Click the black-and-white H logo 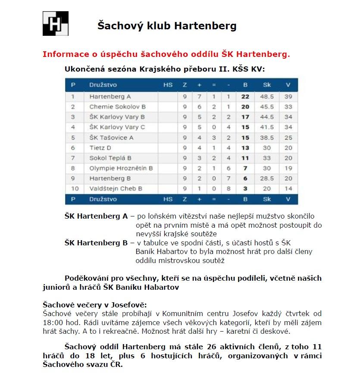[x=56, y=23]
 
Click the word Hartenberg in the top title [x=205, y=26]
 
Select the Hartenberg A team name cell [x=110, y=97]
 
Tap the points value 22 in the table [x=245, y=97]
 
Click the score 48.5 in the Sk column [x=267, y=97]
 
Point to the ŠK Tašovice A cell [x=111, y=138]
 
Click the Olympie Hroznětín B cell [x=121, y=168]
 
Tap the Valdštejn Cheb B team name [x=116, y=188]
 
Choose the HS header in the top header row [x=168, y=85]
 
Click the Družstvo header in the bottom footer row [x=103, y=199]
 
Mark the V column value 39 [x=288, y=97]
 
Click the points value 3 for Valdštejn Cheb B [x=245, y=188]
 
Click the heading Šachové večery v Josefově [x=94, y=305]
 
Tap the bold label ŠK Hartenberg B [x=96, y=243]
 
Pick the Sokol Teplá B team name [x=110, y=158]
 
